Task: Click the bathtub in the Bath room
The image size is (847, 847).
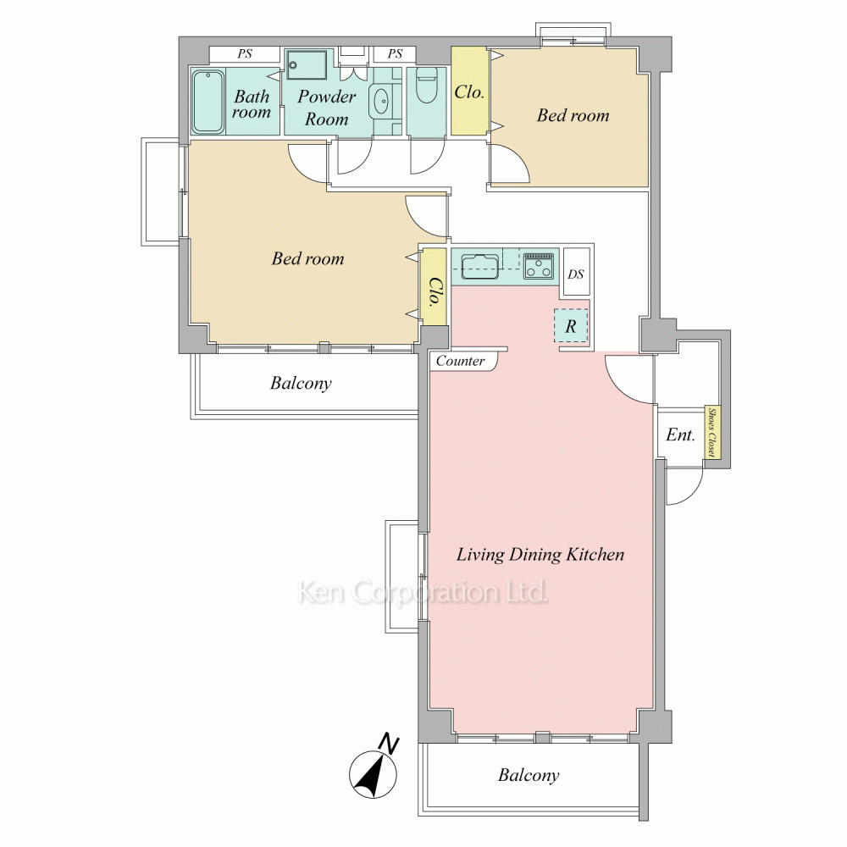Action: point(208,101)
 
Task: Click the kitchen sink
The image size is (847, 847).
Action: point(479,266)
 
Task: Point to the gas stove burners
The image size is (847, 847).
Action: point(539,266)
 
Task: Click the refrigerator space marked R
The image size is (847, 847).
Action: point(570,326)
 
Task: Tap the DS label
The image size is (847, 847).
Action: point(576,274)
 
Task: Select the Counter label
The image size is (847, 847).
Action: point(460,361)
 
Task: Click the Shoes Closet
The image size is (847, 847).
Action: point(712,433)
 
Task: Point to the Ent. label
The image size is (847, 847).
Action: point(680,435)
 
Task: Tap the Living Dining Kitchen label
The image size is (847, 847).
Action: point(540,555)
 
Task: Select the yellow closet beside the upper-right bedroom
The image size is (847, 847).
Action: point(470,91)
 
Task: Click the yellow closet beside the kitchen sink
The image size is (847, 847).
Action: point(434,286)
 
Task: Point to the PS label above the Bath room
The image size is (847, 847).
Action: point(245,54)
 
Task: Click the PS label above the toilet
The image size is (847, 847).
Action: point(395,54)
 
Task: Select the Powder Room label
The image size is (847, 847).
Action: point(327,108)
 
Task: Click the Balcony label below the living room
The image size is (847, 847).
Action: point(529,776)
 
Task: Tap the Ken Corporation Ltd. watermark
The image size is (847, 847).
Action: point(423,592)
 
